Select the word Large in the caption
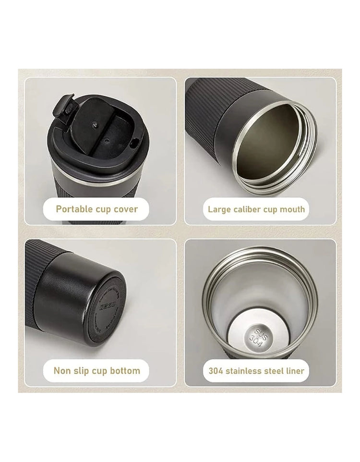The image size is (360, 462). pyautogui.click(x=219, y=209)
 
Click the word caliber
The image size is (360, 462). pyautogui.click(x=249, y=209)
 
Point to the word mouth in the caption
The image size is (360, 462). pyautogui.click(x=292, y=209)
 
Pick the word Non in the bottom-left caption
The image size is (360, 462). pyautogui.click(x=62, y=371)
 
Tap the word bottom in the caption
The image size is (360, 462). pyautogui.click(x=125, y=371)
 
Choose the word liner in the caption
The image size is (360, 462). pyautogui.click(x=294, y=371)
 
